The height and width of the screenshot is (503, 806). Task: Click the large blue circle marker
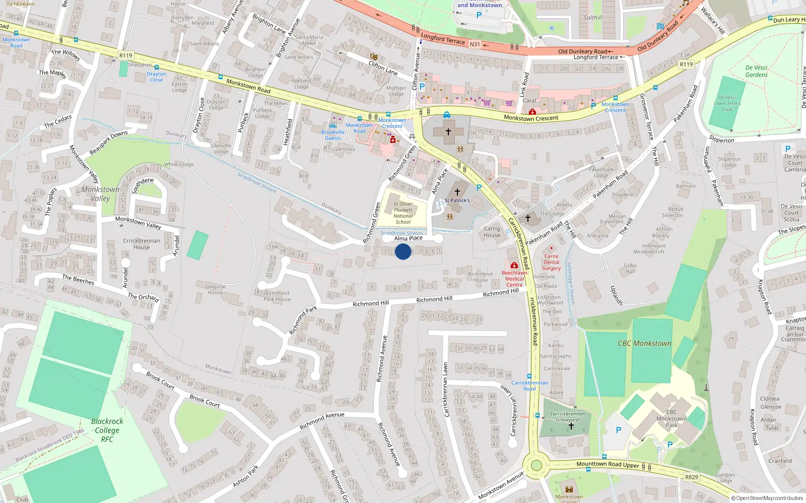402,251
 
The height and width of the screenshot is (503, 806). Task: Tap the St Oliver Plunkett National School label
403,213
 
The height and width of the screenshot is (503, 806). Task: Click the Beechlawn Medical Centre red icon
514,265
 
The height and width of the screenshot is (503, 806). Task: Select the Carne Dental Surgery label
551,262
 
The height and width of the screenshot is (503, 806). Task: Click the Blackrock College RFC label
107,430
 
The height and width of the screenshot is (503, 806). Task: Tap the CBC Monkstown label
644,344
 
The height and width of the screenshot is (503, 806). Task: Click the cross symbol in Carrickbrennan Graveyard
571,426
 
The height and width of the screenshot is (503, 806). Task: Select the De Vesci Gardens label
756,71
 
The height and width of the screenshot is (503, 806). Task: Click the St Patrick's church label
457,200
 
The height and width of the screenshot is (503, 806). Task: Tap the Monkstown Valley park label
100,194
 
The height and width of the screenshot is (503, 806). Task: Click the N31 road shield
475,44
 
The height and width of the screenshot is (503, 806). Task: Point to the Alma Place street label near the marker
408,238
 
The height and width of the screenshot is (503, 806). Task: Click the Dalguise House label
215,289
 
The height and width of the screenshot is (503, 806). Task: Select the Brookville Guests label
332,135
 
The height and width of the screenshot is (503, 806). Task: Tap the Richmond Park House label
277,296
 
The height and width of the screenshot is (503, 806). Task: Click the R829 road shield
692,477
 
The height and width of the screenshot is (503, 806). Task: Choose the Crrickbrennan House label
141,244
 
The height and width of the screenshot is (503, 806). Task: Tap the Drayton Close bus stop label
156,77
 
